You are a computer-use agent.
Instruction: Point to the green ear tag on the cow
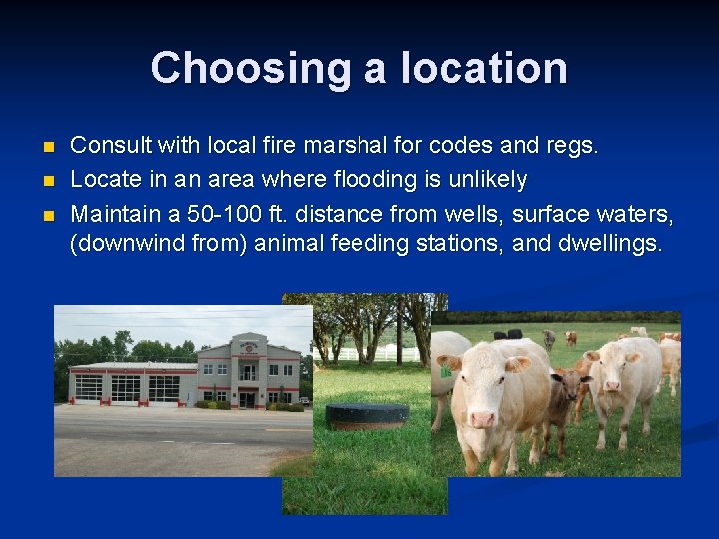(446, 371)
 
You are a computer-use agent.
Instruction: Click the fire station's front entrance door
(246, 398)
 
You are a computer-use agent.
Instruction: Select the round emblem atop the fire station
(246, 346)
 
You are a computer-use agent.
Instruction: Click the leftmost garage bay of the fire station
(89, 386)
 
